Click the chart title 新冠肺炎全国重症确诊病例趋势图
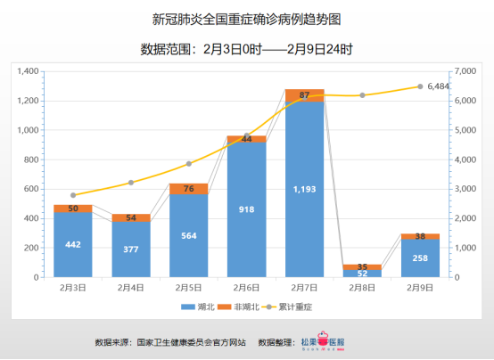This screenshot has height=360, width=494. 247,19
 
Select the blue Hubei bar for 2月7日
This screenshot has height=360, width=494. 304,205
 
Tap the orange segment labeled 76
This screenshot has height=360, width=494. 188,188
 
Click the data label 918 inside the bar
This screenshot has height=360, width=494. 246,209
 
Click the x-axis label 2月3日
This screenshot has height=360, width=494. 73,288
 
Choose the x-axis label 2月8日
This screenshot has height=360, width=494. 362,288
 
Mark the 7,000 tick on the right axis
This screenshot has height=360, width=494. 465,71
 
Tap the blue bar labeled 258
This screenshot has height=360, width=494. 419,258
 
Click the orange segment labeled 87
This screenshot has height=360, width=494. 304,95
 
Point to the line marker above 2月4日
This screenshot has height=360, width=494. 131,183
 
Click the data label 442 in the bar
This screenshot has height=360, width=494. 73,245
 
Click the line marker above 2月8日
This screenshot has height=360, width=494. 362,95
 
